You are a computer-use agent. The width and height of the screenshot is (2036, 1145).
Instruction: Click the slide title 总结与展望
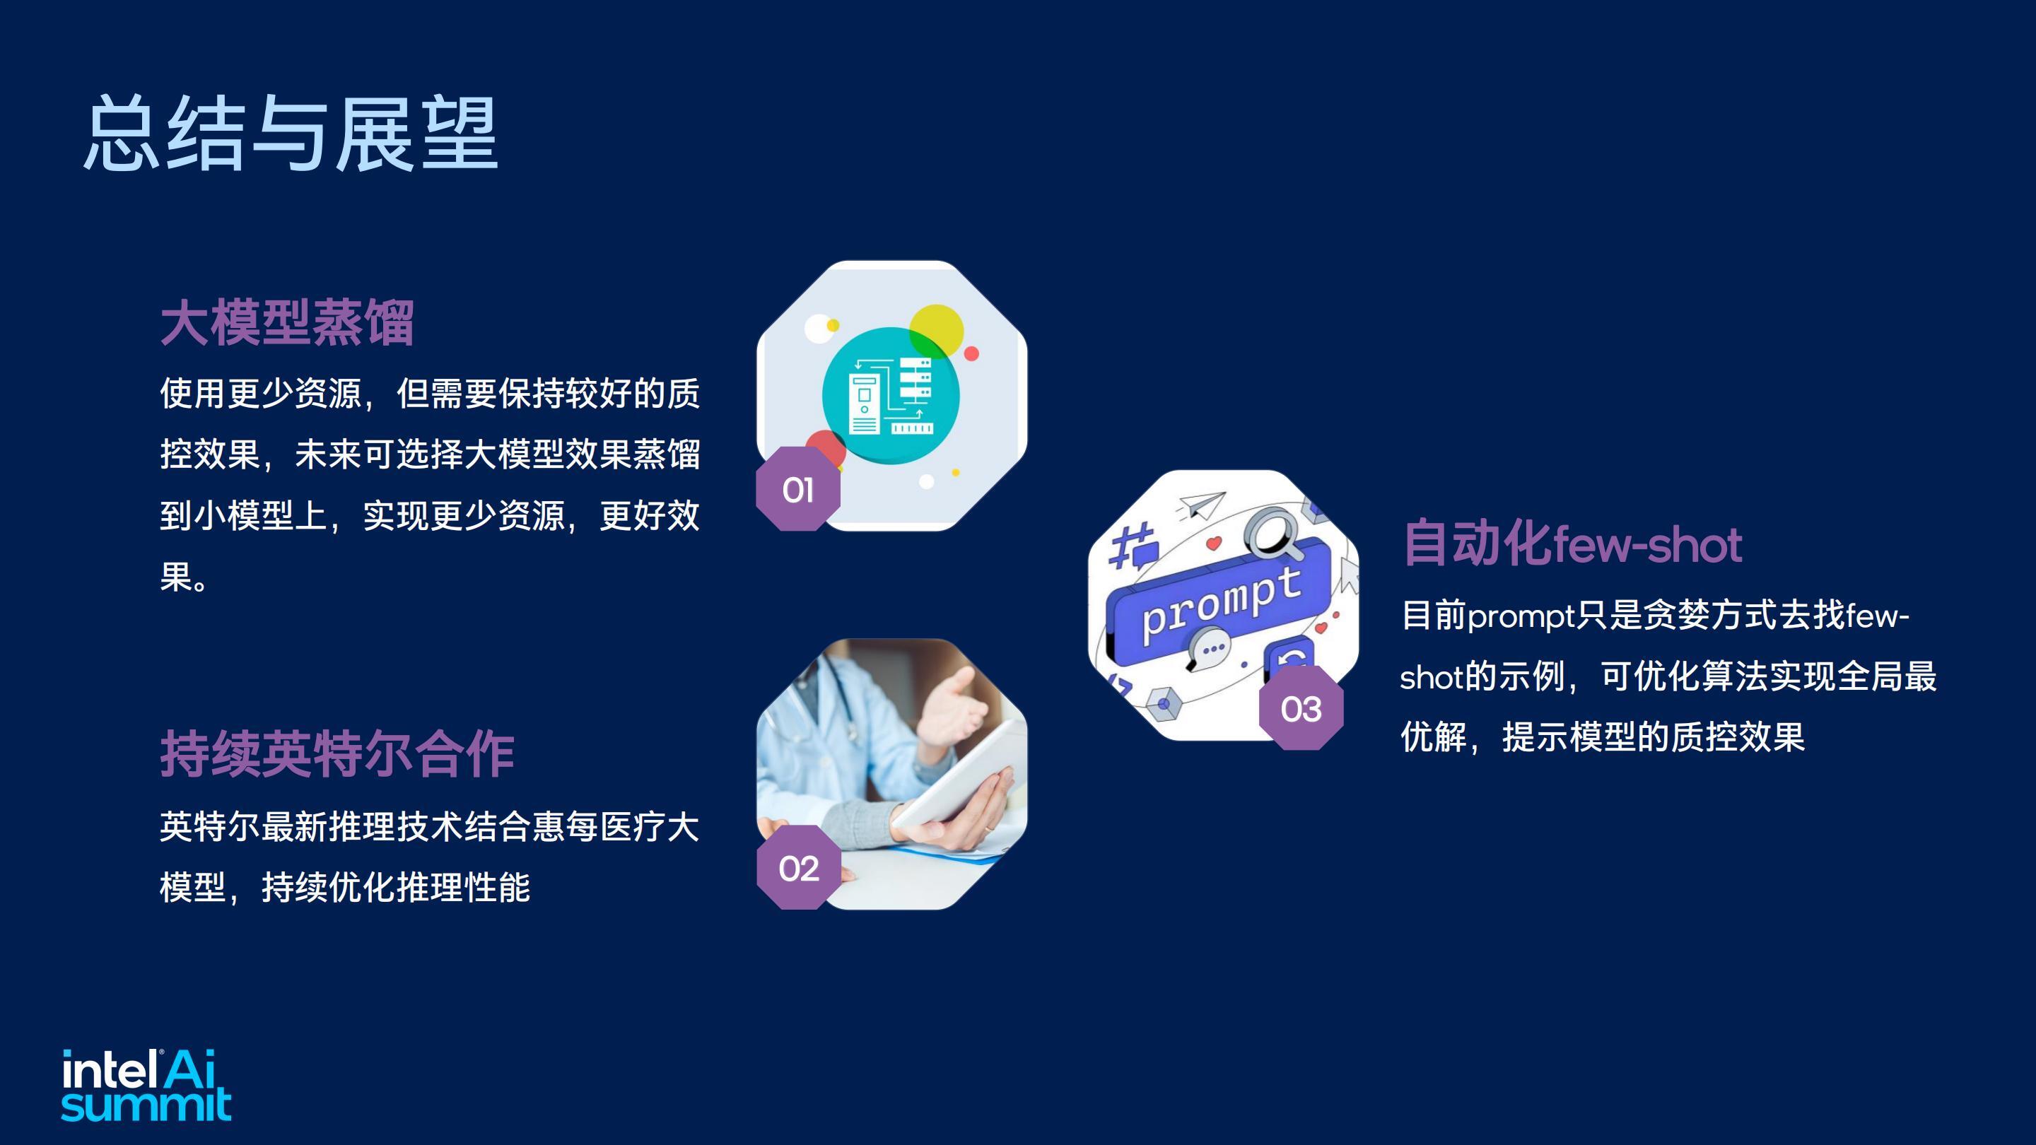(x=290, y=133)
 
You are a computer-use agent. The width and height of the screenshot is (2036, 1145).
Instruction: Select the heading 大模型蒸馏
(x=287, y=322)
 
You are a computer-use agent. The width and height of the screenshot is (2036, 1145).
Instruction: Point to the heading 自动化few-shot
(x=1572, y=543)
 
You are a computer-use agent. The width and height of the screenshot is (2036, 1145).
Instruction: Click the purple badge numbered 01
(x=798, y=489)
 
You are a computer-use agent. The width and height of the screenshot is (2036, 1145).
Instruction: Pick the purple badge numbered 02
(x=798, y=868)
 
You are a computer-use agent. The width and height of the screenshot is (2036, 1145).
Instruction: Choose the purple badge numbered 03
(x=1301, y=708)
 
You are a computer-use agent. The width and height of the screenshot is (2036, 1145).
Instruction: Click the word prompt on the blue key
(x=1222, y=604)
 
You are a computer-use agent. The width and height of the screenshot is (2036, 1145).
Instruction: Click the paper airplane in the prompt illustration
(x=1201, y=505)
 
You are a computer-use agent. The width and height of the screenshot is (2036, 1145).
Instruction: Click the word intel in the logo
(x=108, y=1070)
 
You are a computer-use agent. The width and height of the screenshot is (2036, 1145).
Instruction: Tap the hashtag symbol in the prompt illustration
(x=1132, y=544)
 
